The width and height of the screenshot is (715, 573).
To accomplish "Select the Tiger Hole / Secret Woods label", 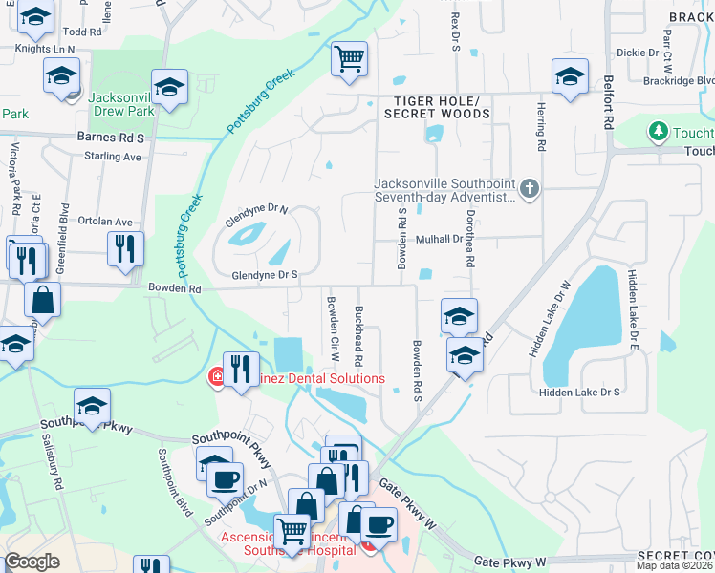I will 437,107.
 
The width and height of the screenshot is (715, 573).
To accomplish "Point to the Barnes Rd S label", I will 110,138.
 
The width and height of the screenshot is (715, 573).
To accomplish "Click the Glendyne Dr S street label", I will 265,275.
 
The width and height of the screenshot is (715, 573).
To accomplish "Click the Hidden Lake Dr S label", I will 579,392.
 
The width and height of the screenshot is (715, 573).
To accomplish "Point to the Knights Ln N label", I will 45,48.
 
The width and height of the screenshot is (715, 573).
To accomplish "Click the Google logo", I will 32,561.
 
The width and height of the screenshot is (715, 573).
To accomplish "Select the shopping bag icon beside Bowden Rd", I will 44,300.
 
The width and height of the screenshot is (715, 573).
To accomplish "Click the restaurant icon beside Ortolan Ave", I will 125,249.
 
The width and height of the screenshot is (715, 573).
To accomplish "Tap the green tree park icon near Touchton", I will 659,131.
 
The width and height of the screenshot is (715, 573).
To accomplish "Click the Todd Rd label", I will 82,32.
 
